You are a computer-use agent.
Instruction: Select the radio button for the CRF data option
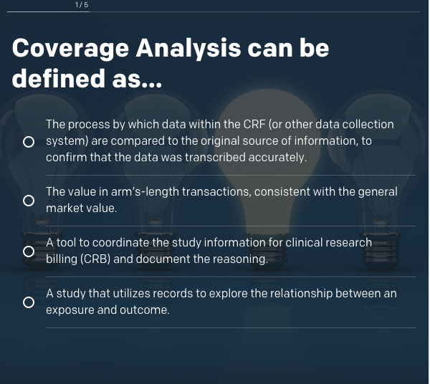pos(29,142)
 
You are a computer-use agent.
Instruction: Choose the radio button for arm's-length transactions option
pos(29,201)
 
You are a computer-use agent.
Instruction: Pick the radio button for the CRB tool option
pos(29,251)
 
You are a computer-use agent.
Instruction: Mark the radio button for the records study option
pos(29,302)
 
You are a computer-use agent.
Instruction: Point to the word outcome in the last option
pos(145,310)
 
